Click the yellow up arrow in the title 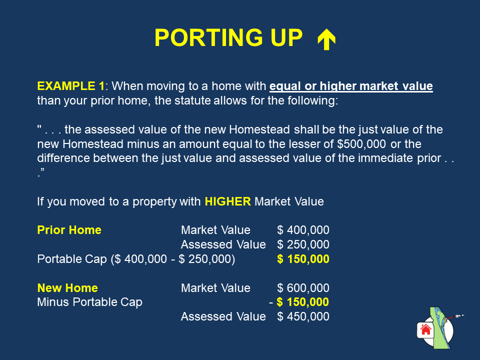pyautogui.click(x=326, y=38)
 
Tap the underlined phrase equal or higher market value pyautogui.click(x=351, y=86)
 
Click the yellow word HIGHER pyautogui.click(x=227, y=201)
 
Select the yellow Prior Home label pyautogui.click(x=69, y=230)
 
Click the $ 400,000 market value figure pyautogui.click(x=303, y=230)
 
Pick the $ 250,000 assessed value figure pyautogui.click(x=303, y=244)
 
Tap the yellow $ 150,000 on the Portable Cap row pyautogui.click(x=303, y=259)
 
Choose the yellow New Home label pyautogui.click(x=67, y=288)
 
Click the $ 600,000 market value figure pyautogui.click(x=303, y=288)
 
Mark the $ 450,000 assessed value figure pyautogui.click(x=303, y=316)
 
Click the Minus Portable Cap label pyautogui.click(x=89, y=302)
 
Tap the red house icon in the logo pyautogui.click(x=425, y=329)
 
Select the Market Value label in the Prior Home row pyautogui.click(x=215, y=230)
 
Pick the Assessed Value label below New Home pyautogui.click(x=223, y=316)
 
